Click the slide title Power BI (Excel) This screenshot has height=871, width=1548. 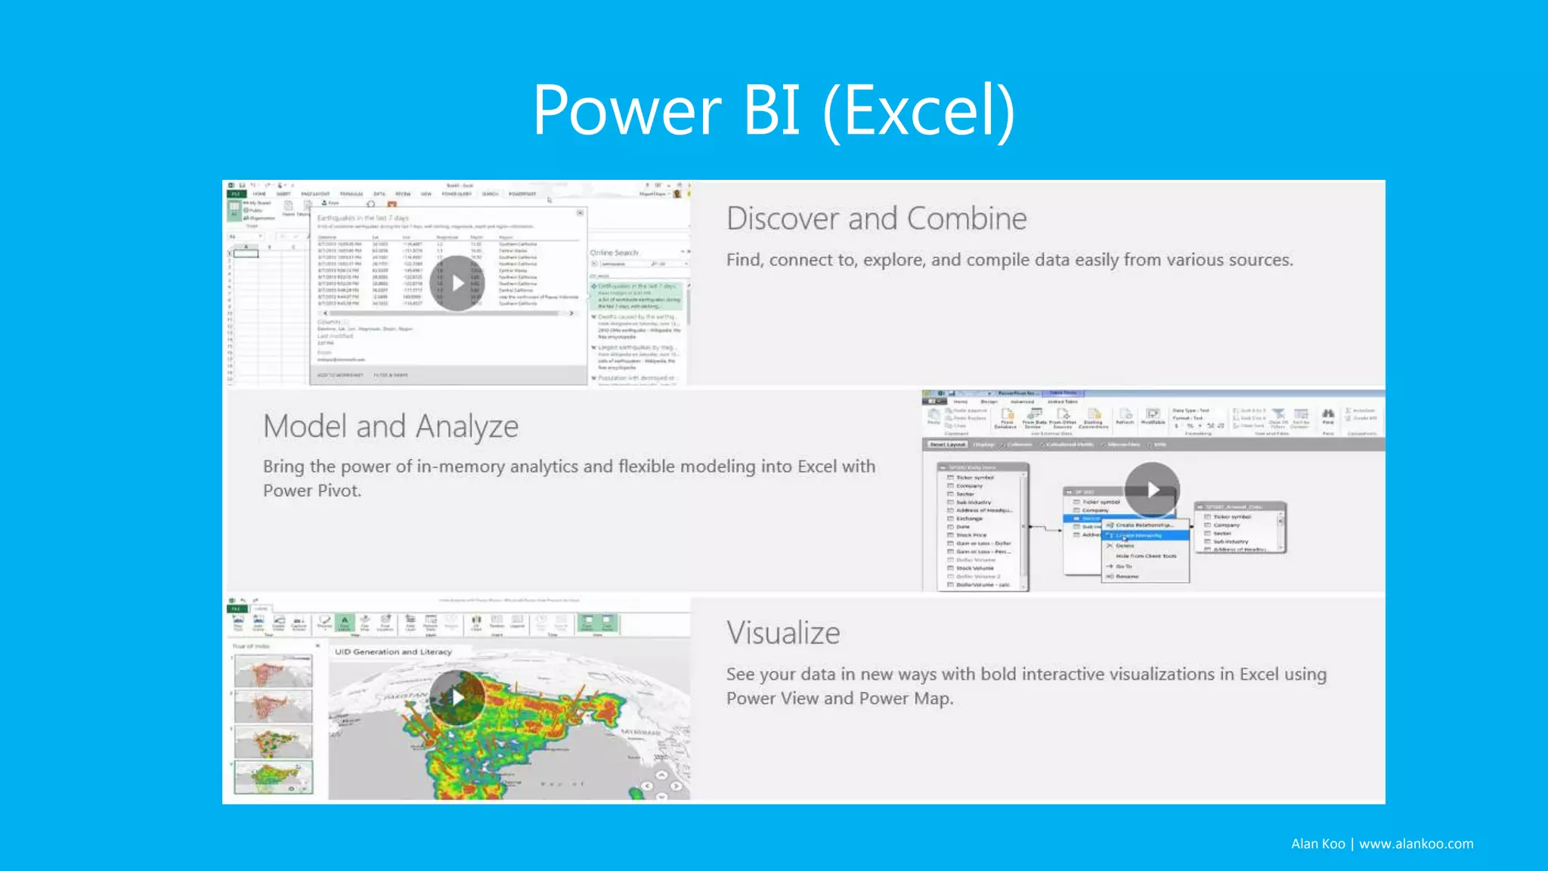[x=773, y=111]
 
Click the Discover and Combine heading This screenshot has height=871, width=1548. [x=876, y=219]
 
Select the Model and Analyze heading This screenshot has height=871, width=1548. [x=390, y=426]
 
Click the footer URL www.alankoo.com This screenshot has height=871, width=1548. [x=1416, y=844]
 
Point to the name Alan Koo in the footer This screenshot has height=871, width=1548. [x=1317, y=844]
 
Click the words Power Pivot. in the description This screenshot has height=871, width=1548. [x=312, y=491]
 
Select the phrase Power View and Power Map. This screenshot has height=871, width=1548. [x=839, y=699]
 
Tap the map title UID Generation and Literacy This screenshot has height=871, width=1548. [x=393, y=652]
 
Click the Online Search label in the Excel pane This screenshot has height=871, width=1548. [x=614, y=253]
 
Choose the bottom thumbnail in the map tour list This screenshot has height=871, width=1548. [x=273, y=776]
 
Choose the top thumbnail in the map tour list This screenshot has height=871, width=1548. [x=273, y=671]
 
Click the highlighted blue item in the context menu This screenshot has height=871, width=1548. [x=1144, y=535]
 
